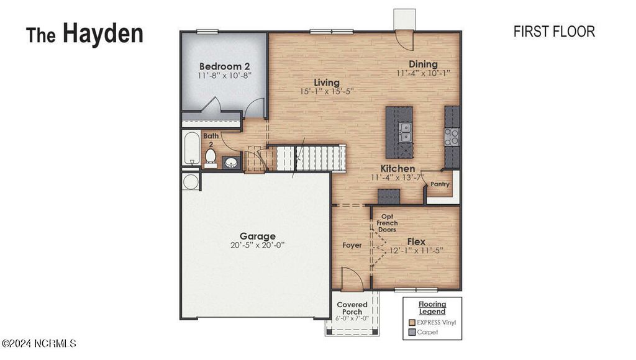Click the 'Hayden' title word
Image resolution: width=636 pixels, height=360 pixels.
[102, 34]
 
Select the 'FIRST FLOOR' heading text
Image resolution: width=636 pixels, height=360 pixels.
[554, 32]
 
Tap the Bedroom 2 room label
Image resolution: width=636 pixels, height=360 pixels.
[224, 66]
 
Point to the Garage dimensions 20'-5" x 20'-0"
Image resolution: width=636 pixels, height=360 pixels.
[258, 245]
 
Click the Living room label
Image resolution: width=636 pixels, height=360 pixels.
[326, 83]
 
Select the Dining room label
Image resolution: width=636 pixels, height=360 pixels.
[423, 64]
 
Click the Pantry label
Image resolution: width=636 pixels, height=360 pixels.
[440, 184]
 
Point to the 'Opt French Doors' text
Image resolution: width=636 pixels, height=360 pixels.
[387, 222]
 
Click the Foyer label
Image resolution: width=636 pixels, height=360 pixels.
[352, 245]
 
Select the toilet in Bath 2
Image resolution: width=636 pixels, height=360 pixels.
[211, 157]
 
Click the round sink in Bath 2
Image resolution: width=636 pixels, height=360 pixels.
[231, 163]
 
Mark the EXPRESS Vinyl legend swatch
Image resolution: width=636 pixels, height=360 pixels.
[412, 322]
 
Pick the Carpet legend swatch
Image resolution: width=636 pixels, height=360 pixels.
[412, 332]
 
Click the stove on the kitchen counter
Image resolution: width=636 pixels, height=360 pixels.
[452, 137]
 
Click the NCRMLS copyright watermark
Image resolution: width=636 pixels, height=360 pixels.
[39, 343]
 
